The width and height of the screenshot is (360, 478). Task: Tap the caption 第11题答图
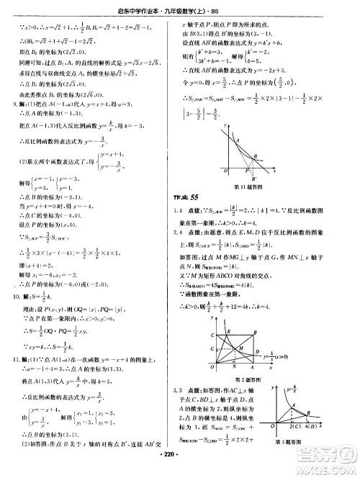(246, 206)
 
